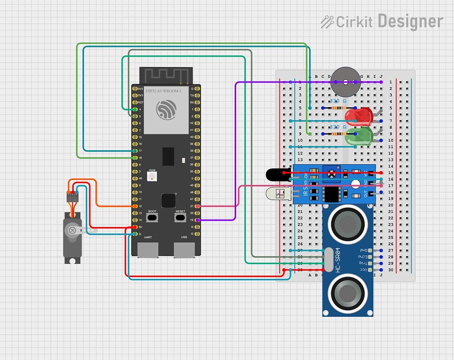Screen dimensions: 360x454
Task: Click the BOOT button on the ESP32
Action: click(153, 218)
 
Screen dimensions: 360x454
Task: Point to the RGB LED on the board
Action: click(152, 178)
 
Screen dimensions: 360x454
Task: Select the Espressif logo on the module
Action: click(167, 110)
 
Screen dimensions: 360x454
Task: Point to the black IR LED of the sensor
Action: click(275, 175)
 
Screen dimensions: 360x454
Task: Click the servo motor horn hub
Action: click(73, 230)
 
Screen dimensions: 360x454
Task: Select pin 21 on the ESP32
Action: click(198, 206)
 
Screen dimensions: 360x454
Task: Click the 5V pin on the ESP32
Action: click(135, 227)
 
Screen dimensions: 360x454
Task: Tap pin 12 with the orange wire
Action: click(135, 206)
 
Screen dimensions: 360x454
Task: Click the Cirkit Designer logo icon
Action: click(327, 22)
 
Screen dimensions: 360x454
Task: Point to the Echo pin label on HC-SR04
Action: click(363, 257)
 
